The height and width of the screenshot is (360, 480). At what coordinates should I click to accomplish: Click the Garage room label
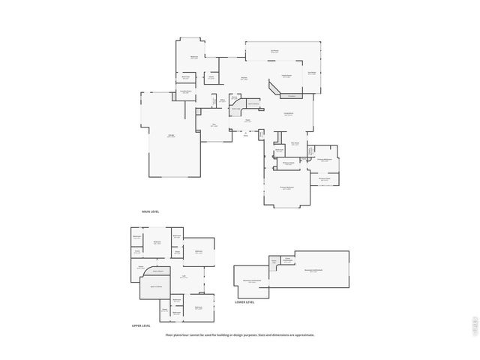(x=171, y=136)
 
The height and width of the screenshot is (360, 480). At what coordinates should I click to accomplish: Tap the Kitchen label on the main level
(x=244, y=78)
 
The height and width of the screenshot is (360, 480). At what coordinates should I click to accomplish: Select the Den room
(x=214, y=125)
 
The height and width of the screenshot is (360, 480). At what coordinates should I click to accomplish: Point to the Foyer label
(x=247, y=121)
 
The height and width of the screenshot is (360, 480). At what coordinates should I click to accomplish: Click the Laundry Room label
(x=185, y=92)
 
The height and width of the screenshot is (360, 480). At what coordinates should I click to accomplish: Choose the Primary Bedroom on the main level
(x=286, y=188)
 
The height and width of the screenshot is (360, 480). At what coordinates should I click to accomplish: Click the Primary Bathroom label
(x=324, y=160)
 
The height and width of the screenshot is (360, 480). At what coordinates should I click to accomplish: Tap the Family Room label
(x=288, y=114)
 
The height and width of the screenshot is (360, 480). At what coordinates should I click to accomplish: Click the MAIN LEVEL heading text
(x=150, y=211)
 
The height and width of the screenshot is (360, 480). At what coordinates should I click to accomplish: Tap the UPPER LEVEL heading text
(x=141, y=325)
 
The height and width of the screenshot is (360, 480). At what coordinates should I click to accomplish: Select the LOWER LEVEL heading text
(x=244, y=302)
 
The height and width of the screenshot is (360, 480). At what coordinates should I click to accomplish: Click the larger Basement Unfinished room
(x=313, y=271)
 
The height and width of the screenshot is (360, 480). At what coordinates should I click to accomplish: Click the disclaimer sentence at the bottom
(x=240, y=335)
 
